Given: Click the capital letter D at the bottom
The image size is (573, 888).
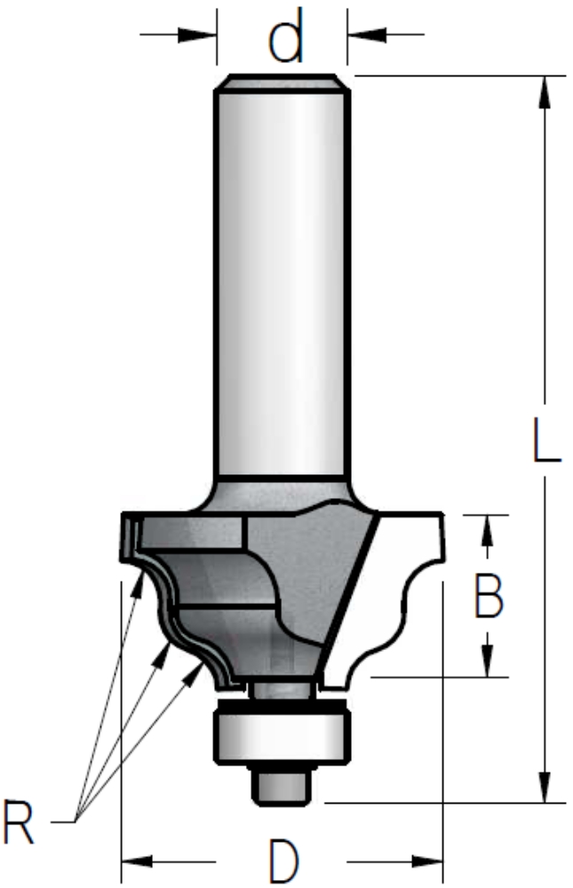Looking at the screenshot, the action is [x=283, y=861].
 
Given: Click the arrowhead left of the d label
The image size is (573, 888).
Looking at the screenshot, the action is [x=197, y=35].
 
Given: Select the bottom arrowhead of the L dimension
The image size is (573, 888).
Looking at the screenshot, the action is [x=545, y=786].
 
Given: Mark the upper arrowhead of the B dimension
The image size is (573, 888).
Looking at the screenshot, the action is [x=488, y=529].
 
